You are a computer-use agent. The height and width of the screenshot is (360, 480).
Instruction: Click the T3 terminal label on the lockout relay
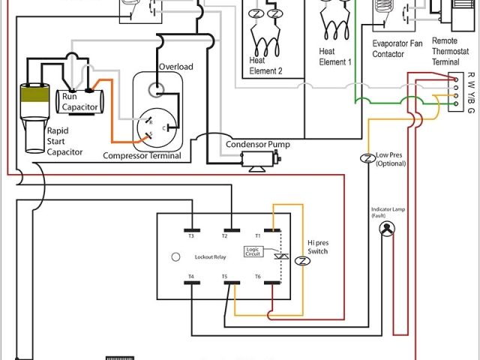tap(191, 235)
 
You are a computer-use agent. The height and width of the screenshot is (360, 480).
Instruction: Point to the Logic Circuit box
tap(254, 252)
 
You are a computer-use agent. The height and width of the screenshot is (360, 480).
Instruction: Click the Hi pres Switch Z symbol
tap(302, 261)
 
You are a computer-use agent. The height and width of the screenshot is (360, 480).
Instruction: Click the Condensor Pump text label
tap(257, 144)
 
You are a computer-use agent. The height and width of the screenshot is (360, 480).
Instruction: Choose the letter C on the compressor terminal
tap(175, 128)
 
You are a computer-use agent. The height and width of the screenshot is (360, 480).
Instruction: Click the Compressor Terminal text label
tap(142, 156)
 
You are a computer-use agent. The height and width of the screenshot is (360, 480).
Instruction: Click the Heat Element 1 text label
tap(335, 56)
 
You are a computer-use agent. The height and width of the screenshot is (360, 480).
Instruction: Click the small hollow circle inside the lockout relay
tap(175, 256)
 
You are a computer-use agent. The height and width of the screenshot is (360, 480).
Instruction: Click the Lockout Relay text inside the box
tap(209, 256)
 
